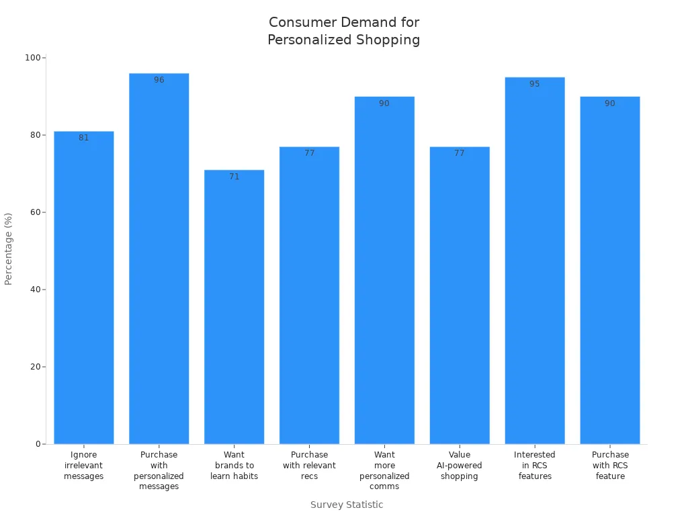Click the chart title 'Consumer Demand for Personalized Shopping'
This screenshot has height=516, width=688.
point(343,31)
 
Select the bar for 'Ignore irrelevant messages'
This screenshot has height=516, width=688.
point(84,289)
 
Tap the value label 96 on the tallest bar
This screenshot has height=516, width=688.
point(159,80)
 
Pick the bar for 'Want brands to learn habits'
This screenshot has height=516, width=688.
point(234,309)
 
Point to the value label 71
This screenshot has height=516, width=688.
point(234,177)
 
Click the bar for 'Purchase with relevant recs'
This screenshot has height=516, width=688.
point(309,296)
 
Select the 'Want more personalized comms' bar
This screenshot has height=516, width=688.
point(384,269)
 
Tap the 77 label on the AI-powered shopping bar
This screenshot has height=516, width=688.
point(460,153)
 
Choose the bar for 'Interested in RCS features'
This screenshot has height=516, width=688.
point(535,262)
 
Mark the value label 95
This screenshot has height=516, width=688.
point(535,84)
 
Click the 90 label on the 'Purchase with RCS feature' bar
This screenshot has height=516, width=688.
point(610,103)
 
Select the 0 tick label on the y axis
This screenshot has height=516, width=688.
point(38,444)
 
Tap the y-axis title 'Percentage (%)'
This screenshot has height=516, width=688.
point(9,249)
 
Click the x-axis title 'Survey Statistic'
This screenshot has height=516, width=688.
point(347,505)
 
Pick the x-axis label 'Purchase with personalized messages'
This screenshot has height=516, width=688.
point(159,470)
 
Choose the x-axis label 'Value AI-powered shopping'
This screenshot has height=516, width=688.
point(460,466)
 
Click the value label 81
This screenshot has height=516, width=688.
point(84,138)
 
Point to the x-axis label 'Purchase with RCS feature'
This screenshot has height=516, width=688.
point(610,466)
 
